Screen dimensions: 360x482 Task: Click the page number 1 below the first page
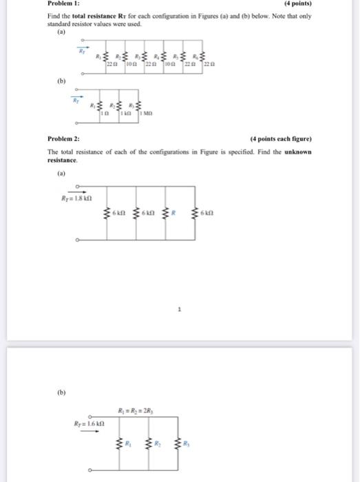[x=180, y=310]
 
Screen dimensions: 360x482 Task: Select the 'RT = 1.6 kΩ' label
[x=89, y=425]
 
